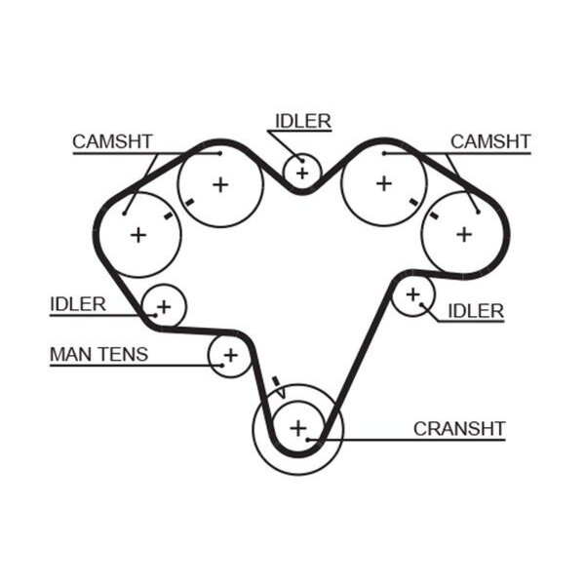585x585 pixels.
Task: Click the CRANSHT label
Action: [x=459, y=429]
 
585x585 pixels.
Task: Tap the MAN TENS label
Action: [x=98, y=354]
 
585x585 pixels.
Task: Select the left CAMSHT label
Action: [x=112, y=141]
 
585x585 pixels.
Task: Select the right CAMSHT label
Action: [x=490, y=141]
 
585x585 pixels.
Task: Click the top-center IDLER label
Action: [x=303, y=121]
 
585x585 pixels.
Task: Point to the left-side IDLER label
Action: [x=78, y=304]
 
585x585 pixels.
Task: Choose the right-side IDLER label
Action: [x=476, y=311]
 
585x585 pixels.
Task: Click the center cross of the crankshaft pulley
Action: [x=298, y=428]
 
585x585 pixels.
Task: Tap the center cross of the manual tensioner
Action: [x=230, y=355]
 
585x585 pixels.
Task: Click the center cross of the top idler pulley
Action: [x=302, y=174]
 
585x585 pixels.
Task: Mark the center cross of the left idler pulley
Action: [x=164, y=307]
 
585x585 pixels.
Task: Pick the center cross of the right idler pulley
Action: [x=413, y=294]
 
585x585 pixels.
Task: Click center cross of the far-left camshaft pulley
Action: [x=138, y=235]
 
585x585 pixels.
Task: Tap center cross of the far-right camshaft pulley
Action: [x=464, y=235]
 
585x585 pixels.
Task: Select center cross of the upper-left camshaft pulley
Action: [x=220, y=184]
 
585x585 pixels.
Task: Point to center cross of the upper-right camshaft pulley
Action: [x=384, y=183]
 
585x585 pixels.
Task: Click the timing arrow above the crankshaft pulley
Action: [x=279, y=387]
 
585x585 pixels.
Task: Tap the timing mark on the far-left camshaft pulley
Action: [x=169, y=215]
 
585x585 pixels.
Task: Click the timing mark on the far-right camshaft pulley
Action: [x=434, y=214]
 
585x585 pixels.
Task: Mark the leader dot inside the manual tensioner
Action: [x=222, y=366]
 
